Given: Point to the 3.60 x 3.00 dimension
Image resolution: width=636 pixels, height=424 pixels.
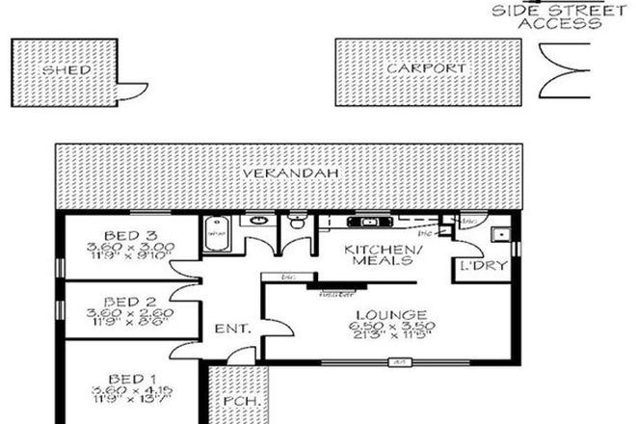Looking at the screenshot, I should click(x=128, y=247).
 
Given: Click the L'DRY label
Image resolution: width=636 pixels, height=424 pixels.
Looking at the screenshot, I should click(x=478, y=265).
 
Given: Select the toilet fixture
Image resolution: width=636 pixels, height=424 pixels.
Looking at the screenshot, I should click(x=299, y=225).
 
